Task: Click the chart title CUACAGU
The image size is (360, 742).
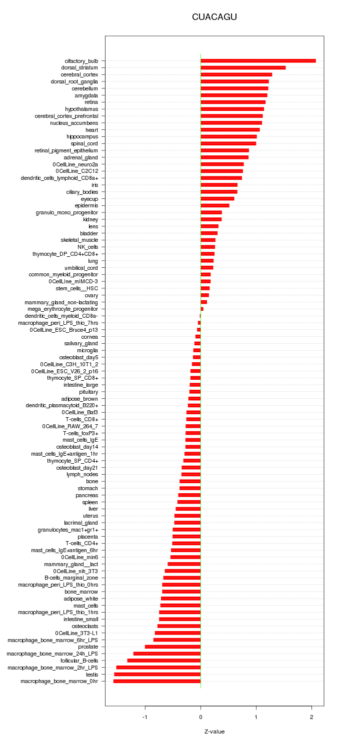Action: pos(214,17)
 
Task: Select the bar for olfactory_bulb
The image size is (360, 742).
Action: pos(258,61)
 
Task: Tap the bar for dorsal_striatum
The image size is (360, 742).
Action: pos(243,67)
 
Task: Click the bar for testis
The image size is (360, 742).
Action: pos(157,674)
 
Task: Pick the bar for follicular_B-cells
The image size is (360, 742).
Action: pos(164,661)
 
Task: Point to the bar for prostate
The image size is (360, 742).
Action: pos(172,647)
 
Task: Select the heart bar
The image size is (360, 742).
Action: pos(230,130)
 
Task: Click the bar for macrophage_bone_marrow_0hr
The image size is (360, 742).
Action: pos(156,681)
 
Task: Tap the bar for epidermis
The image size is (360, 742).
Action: pos(215,205)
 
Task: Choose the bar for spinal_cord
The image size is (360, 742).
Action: pos(228,143)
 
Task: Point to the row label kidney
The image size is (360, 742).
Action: pos(90,219)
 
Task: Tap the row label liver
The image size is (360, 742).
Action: pos(93,509)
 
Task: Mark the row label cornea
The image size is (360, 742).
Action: pos(89,337)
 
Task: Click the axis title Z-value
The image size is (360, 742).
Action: pos(214,732)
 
